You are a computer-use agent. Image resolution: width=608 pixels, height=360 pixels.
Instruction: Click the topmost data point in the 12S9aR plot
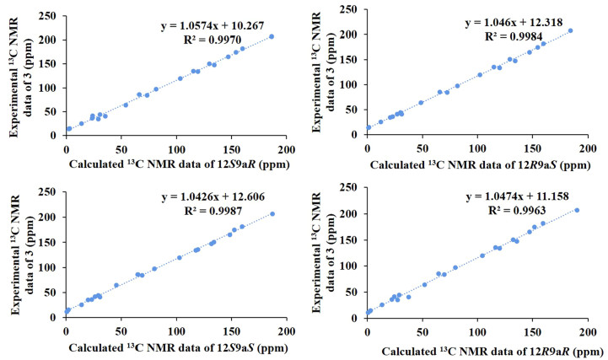point(272,36)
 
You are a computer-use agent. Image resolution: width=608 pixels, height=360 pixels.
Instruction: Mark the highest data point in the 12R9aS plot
point(570,31)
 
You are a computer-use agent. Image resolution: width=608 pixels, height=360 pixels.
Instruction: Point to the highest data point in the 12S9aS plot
point(272,213)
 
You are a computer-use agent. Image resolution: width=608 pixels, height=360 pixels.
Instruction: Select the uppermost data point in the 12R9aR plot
point(577,210)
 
